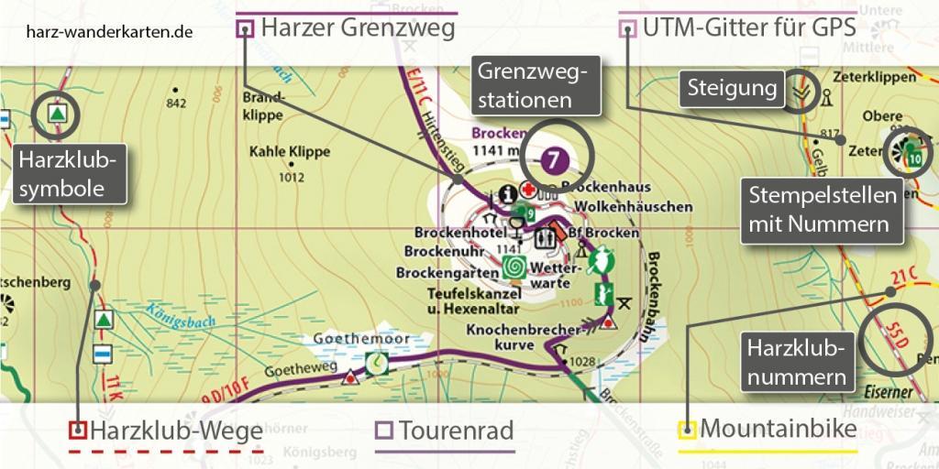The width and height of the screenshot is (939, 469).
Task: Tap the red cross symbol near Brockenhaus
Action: point(528,190)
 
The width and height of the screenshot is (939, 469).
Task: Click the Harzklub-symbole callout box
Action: point(70,177)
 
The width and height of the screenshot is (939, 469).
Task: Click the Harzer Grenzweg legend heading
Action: point(358,28)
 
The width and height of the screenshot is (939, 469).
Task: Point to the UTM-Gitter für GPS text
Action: point(749,28)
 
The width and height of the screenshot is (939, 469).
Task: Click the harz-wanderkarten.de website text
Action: point(109,30)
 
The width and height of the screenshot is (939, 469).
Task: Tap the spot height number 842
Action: point(176,103)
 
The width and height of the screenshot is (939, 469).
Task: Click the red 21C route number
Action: point(905,278)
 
